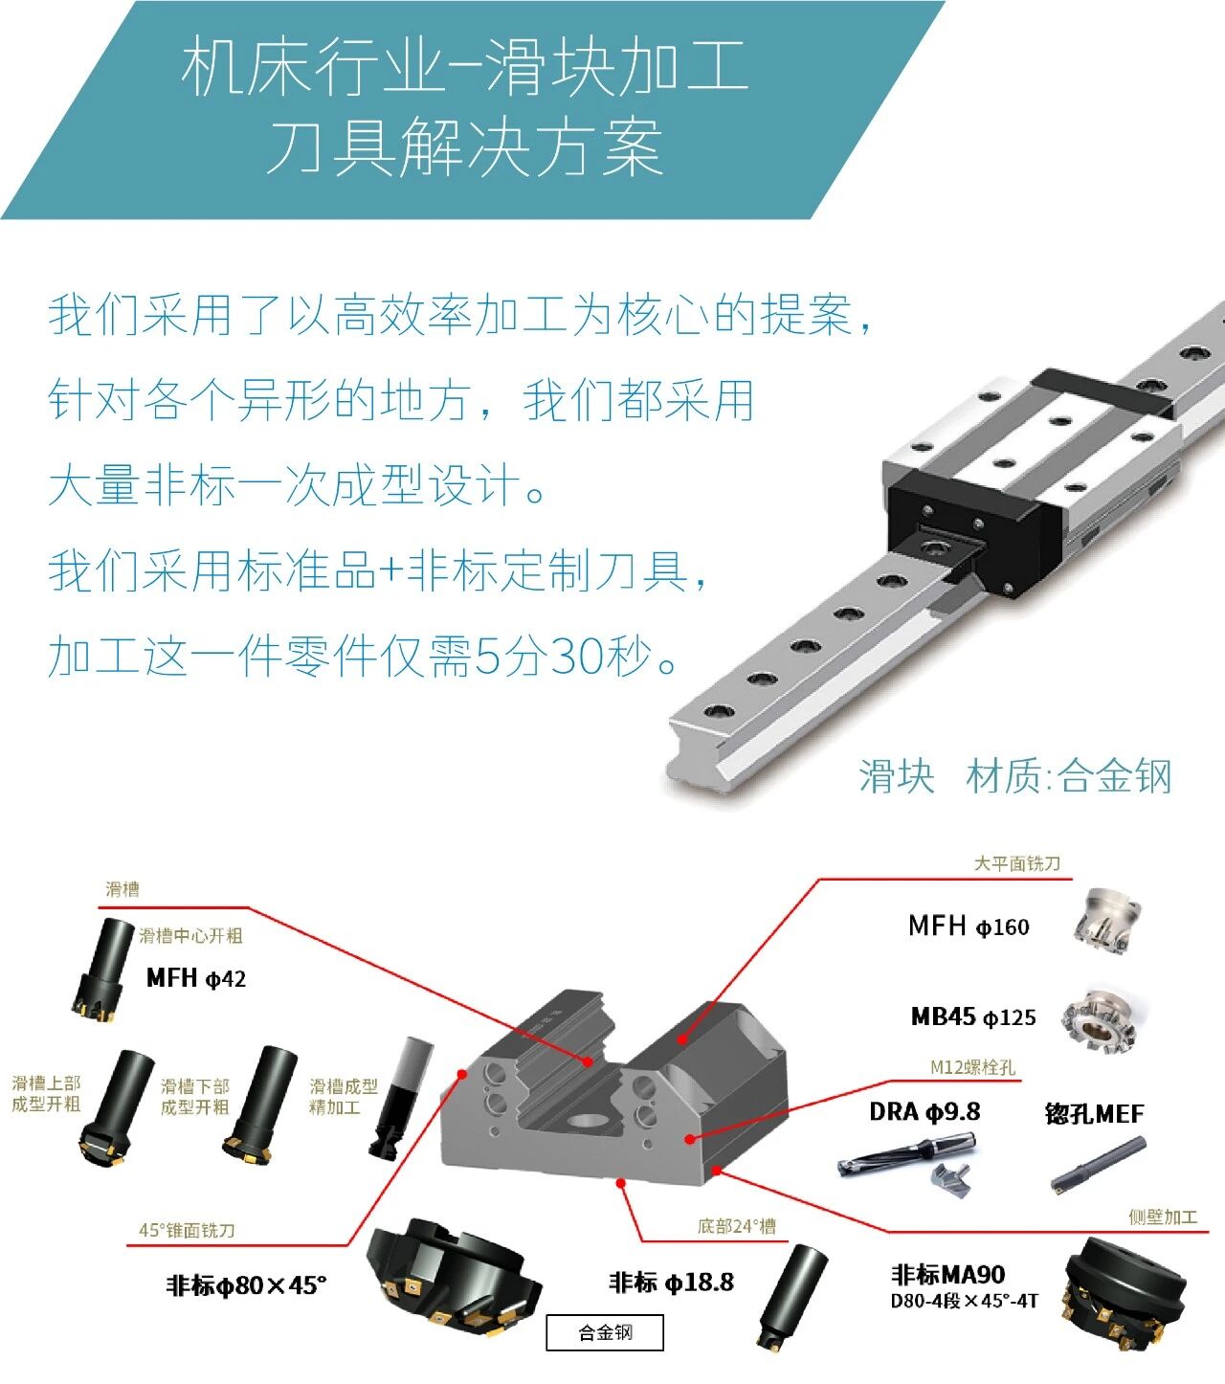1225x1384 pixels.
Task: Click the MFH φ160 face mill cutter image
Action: (1105, 922)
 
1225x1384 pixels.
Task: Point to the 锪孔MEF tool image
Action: (1098, 1164)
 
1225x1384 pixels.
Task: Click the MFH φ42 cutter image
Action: (102, 970)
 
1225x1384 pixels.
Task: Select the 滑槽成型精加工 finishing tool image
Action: (400, 1098)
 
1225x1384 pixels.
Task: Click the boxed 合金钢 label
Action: (605, 1332)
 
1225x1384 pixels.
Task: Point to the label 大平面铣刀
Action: (1016, 863)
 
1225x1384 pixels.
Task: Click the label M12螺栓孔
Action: (973, 1067)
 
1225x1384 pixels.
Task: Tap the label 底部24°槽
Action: (737, 1226)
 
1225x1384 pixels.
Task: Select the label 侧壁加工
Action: (1163, 1217)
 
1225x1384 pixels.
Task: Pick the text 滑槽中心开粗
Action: (191, 935)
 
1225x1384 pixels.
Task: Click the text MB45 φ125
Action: (973, 1017)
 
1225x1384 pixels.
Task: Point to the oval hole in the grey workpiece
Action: (589, 1121)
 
